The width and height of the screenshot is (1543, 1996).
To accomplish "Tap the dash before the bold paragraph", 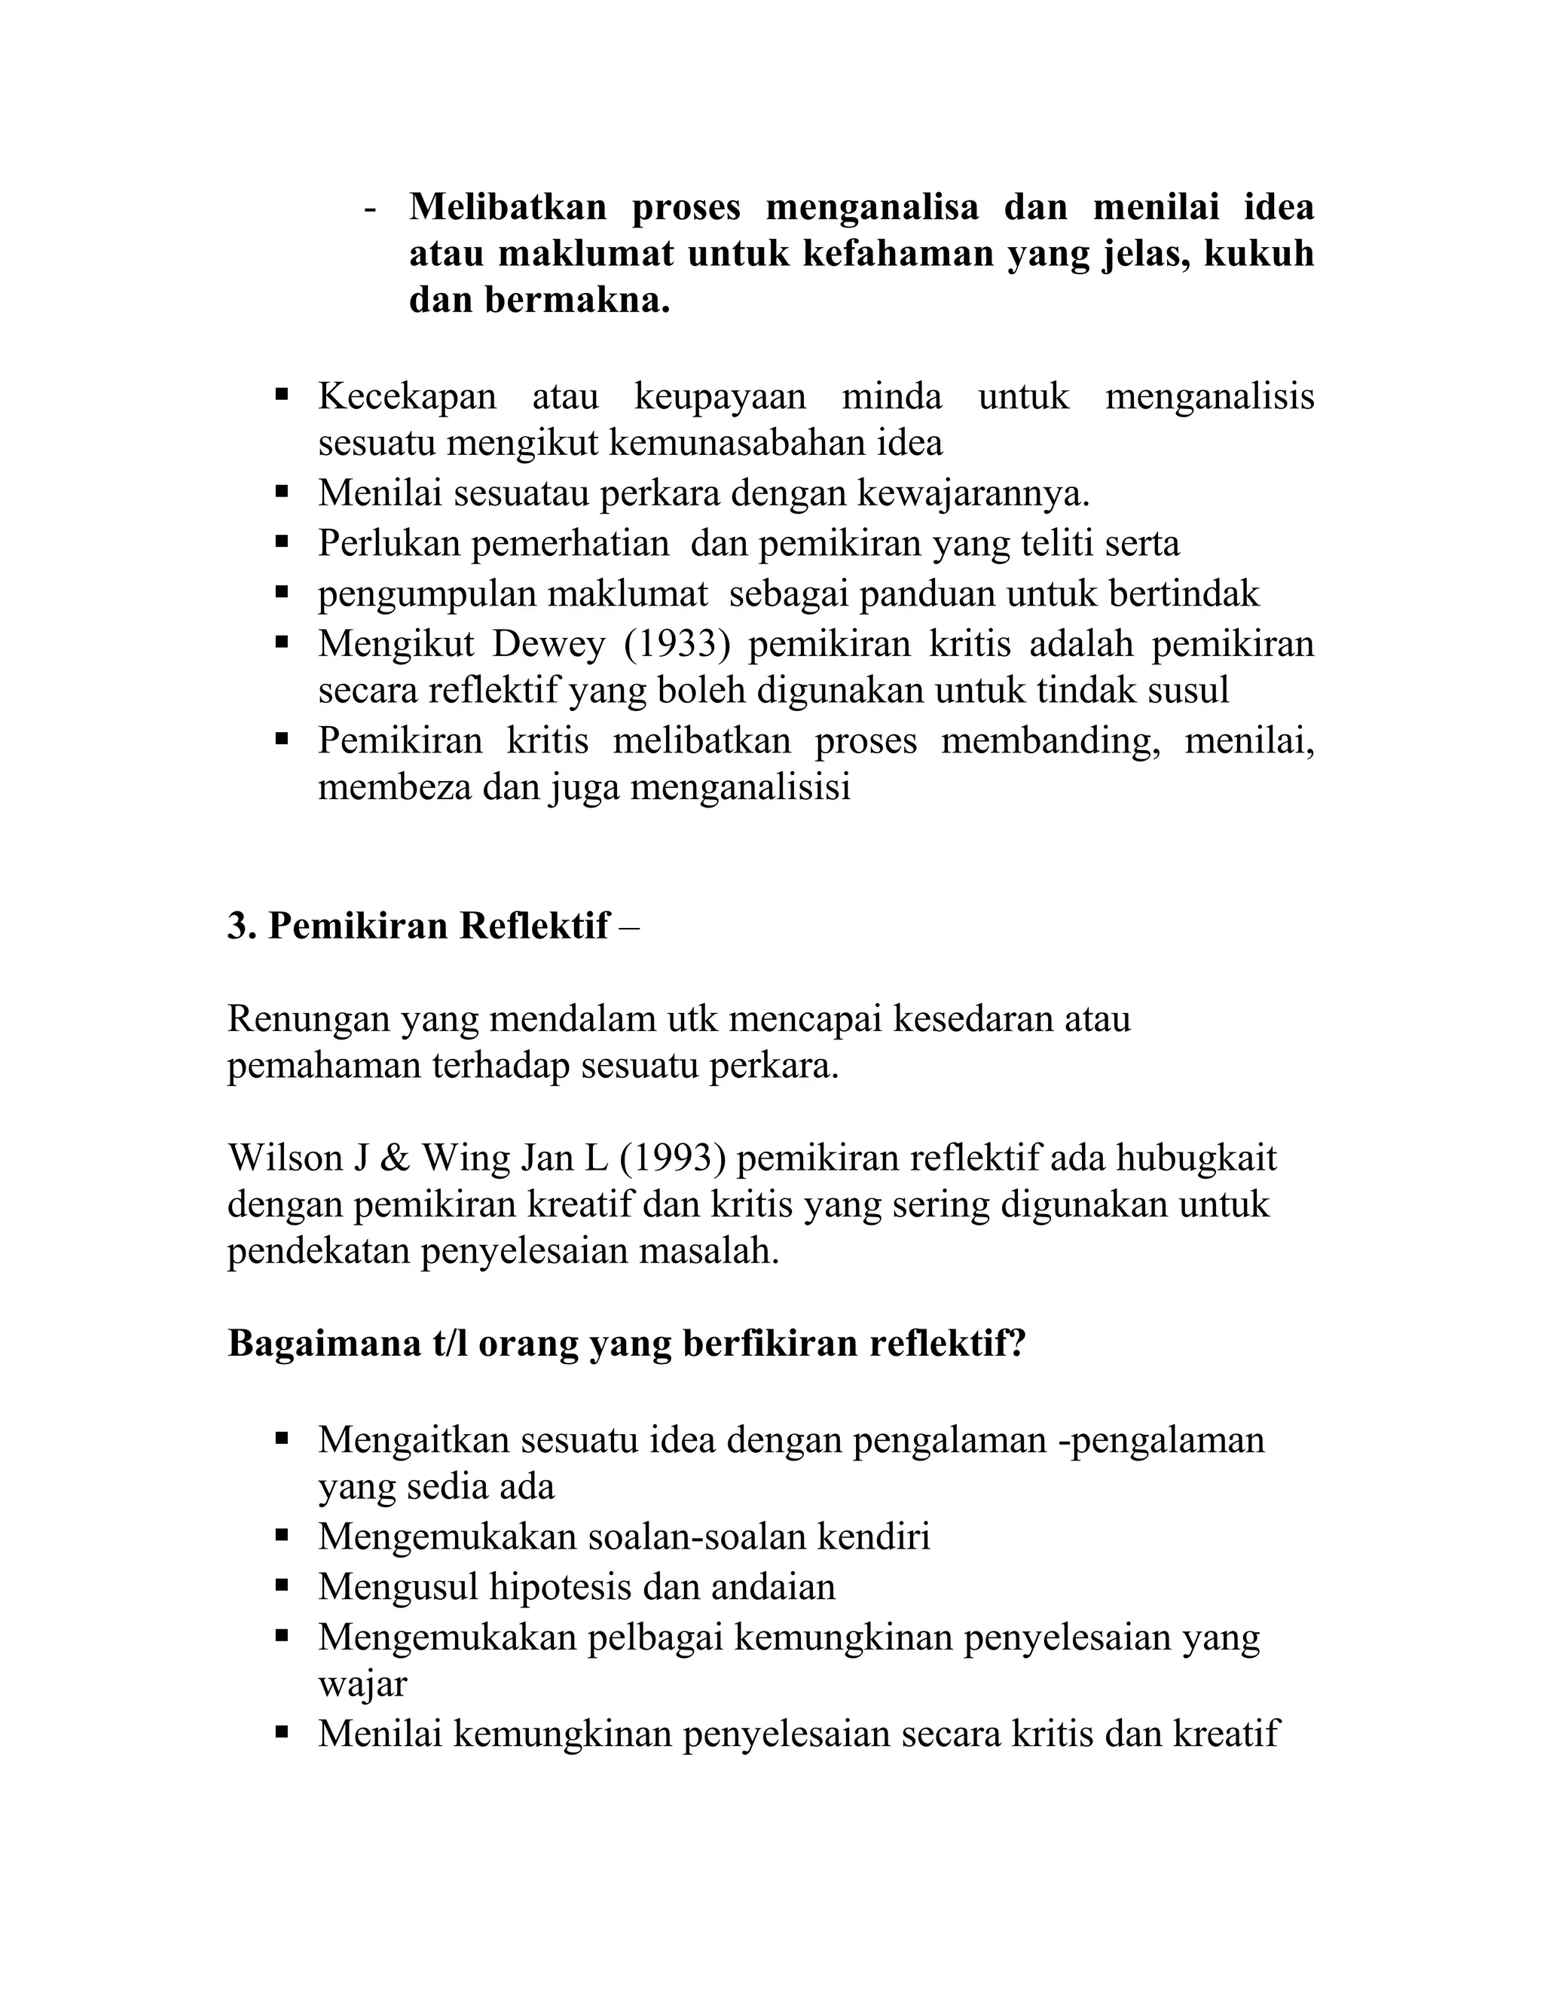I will click(369, 209).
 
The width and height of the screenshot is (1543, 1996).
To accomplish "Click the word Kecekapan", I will click(407, 398).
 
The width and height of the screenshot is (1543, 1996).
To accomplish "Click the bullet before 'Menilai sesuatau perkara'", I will click(282, 493).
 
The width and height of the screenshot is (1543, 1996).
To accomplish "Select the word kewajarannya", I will click(973, 494).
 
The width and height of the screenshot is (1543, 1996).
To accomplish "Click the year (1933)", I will click(677, 644).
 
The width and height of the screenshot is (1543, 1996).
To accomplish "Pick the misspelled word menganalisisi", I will click(741, 787).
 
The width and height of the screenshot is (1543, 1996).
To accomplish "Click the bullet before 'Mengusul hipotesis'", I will click(282, 1586).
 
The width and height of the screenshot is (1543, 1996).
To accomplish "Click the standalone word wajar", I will click(362, 1683).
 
